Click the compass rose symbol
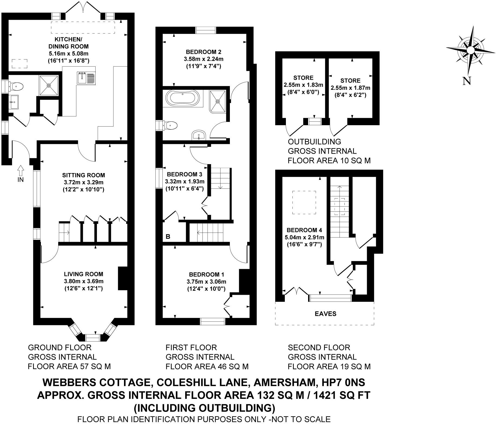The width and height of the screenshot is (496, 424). pyautogui.click(x=470, y=50)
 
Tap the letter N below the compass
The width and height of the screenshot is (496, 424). pyautogui.click(x=466, y=81)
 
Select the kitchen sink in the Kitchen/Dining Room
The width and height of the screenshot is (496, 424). pyautogui.click(x=86, y=78)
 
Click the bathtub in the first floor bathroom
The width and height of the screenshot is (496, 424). pyautogui.click(x=182, y=98)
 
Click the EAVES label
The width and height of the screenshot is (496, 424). pyautogui.click(x=325, y=314)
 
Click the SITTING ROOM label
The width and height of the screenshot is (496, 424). pyautogui.click(x=83, y=175)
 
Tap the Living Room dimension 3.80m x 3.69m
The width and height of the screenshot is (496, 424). pyautogui.click(x=84, y=281)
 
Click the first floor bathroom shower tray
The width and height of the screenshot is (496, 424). pyautogui.click(x=218, y=101)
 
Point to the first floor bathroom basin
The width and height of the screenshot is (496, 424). pyautogui.click(x=199, y=135)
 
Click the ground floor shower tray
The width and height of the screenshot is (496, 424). pyautogui.click(x=49, y=85)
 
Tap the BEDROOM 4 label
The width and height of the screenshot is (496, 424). pyautogui.click(x=304, y=230)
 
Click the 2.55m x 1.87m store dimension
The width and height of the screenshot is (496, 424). pyautogui.click(x=350, y=88)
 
